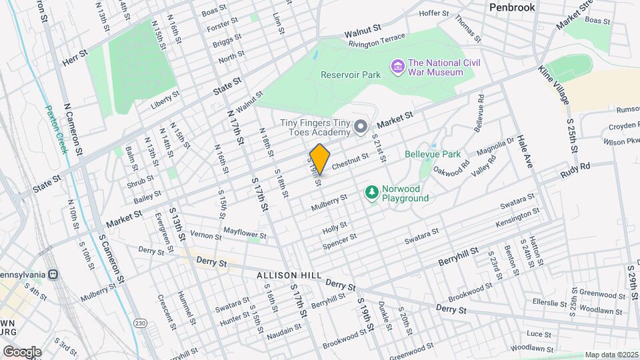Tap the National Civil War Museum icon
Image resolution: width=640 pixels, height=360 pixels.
[398, 67]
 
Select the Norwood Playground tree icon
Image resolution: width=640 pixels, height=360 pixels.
[371, 193]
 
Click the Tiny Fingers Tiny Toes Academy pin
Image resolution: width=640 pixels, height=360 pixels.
[361, 126]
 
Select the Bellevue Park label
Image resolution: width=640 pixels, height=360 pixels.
[433, 154]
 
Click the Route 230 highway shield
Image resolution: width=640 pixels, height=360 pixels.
[140, 323]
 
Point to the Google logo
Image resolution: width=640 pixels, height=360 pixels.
[22, 351]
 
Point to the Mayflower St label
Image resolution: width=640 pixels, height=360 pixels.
[245, 235]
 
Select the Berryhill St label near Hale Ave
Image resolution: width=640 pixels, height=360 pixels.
[459, 255]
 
